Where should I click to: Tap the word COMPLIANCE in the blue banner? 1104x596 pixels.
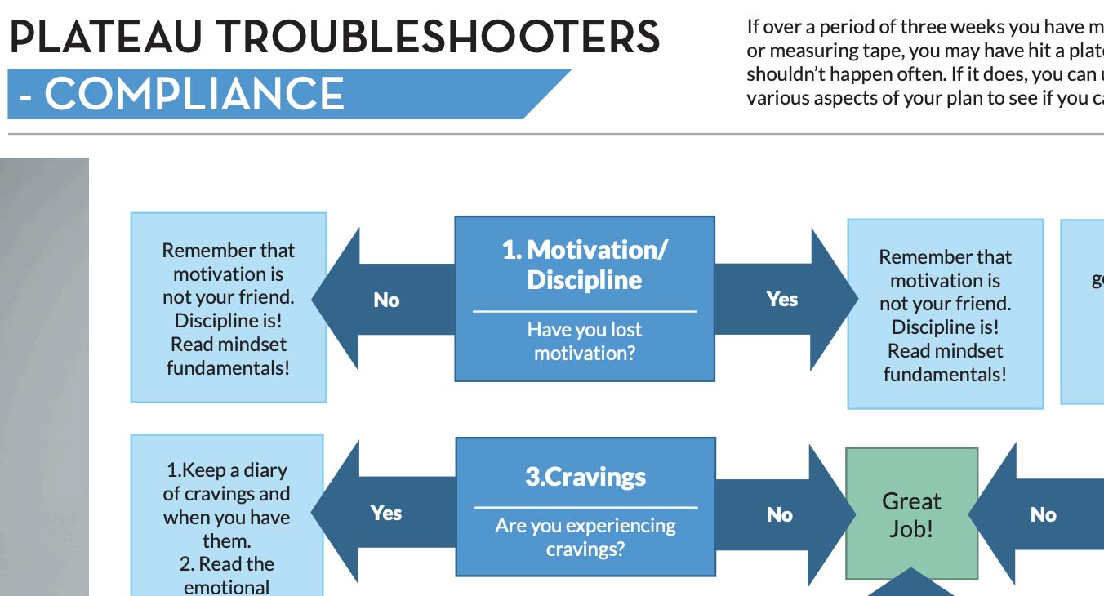point(194,94)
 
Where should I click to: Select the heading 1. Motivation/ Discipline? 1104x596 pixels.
point(584,265)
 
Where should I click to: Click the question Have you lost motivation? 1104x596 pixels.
point(584,341)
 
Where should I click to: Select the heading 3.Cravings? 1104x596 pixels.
point(585,477)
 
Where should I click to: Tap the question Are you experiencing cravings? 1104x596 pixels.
point(585,536)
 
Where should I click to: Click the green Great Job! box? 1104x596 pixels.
point(911,514)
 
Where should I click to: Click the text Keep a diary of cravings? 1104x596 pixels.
point(226,482)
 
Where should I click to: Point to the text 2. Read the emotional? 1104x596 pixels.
point(226,576)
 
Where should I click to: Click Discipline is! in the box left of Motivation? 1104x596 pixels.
point(228,320)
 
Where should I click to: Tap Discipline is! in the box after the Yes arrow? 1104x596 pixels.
point(945,327)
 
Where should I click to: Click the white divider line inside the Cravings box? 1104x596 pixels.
point(585,507)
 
